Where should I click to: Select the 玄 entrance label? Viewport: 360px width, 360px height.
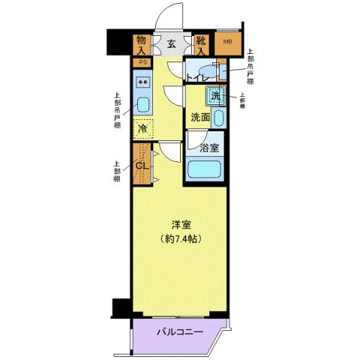click(x=171, y=44)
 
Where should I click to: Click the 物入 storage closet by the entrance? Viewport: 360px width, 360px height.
click(x=142, y=44)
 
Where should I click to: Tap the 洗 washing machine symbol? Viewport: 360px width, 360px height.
click(x=216, y=96)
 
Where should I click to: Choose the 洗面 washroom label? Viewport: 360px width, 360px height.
click(x=199, y=118)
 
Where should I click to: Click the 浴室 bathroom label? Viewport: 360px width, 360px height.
click(x=209, y=147)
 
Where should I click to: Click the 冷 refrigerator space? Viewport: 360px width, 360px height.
click(x=142, y=128)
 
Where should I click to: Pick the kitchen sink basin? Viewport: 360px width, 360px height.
click(x=144, y=103)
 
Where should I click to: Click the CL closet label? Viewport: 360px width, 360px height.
click(x=141, y=166)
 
